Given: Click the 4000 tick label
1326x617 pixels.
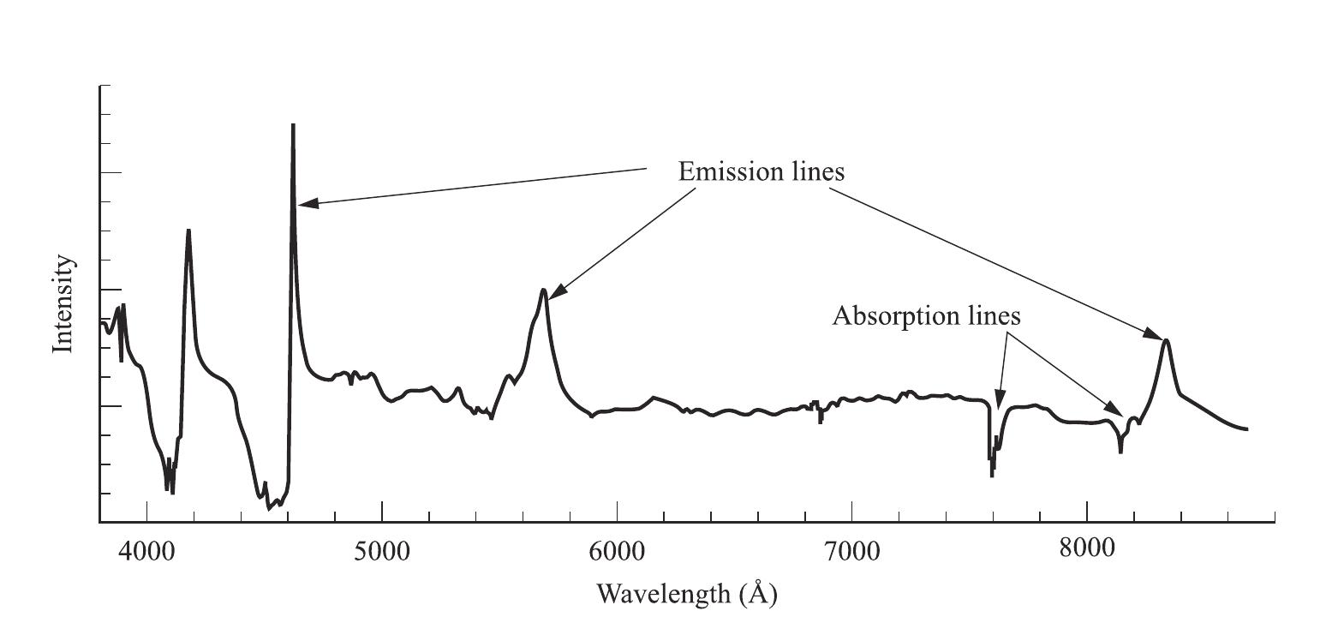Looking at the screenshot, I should (x=146, y=551).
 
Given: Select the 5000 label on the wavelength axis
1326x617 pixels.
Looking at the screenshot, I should (x=381, y=551).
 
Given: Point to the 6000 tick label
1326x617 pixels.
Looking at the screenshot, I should (x=617, y=551).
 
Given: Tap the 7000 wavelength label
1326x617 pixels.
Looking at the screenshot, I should (x=851, y=551).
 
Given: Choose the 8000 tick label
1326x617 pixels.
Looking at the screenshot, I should (x=1087, y=549).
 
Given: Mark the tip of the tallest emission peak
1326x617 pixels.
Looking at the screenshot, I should (x=293, y=126).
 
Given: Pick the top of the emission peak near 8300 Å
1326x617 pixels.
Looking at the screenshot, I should (x=1166, y=340).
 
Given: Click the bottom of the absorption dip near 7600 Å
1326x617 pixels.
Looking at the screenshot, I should (x=992, y=475).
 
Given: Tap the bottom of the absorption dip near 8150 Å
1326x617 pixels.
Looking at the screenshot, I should (x=1120, y=451).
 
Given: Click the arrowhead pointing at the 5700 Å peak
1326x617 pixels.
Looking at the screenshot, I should (x=552, y=295).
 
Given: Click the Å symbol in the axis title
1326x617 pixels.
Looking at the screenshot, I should (x=756, y=592).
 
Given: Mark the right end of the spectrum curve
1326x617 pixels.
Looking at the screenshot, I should (x=1246, y=428).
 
